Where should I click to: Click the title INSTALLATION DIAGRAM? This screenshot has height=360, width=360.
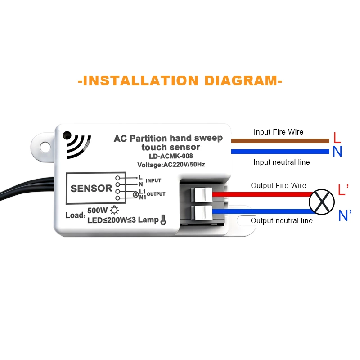[180, 81]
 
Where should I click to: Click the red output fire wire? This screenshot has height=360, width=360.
[261, 195]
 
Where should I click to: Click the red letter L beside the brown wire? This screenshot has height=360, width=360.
[337, 138]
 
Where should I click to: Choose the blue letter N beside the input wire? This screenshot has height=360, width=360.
[337, 152]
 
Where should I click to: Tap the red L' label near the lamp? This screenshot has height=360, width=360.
[343, 190]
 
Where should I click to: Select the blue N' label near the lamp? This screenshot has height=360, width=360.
[344, 216]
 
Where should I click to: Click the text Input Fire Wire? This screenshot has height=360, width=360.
[279, 132]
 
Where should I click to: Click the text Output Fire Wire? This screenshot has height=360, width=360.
[279, 185]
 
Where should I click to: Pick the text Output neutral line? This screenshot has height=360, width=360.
[282, 220]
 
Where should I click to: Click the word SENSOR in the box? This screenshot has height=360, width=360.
[91, 189]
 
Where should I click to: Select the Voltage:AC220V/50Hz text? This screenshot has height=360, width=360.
[171, 165]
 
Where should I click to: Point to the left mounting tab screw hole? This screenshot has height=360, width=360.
[45, 147]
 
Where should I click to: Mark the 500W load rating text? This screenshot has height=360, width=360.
[98, 211]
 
